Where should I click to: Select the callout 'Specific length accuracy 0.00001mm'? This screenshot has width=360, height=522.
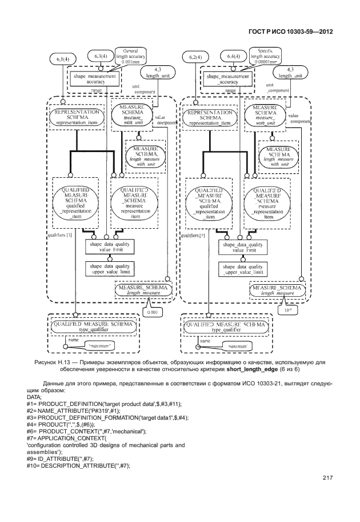click(x=265, y=56)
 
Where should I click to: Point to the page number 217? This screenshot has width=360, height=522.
click(x=327, y=478)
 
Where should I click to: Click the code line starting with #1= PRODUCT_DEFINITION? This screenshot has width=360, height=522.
click(x=85, y=404)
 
